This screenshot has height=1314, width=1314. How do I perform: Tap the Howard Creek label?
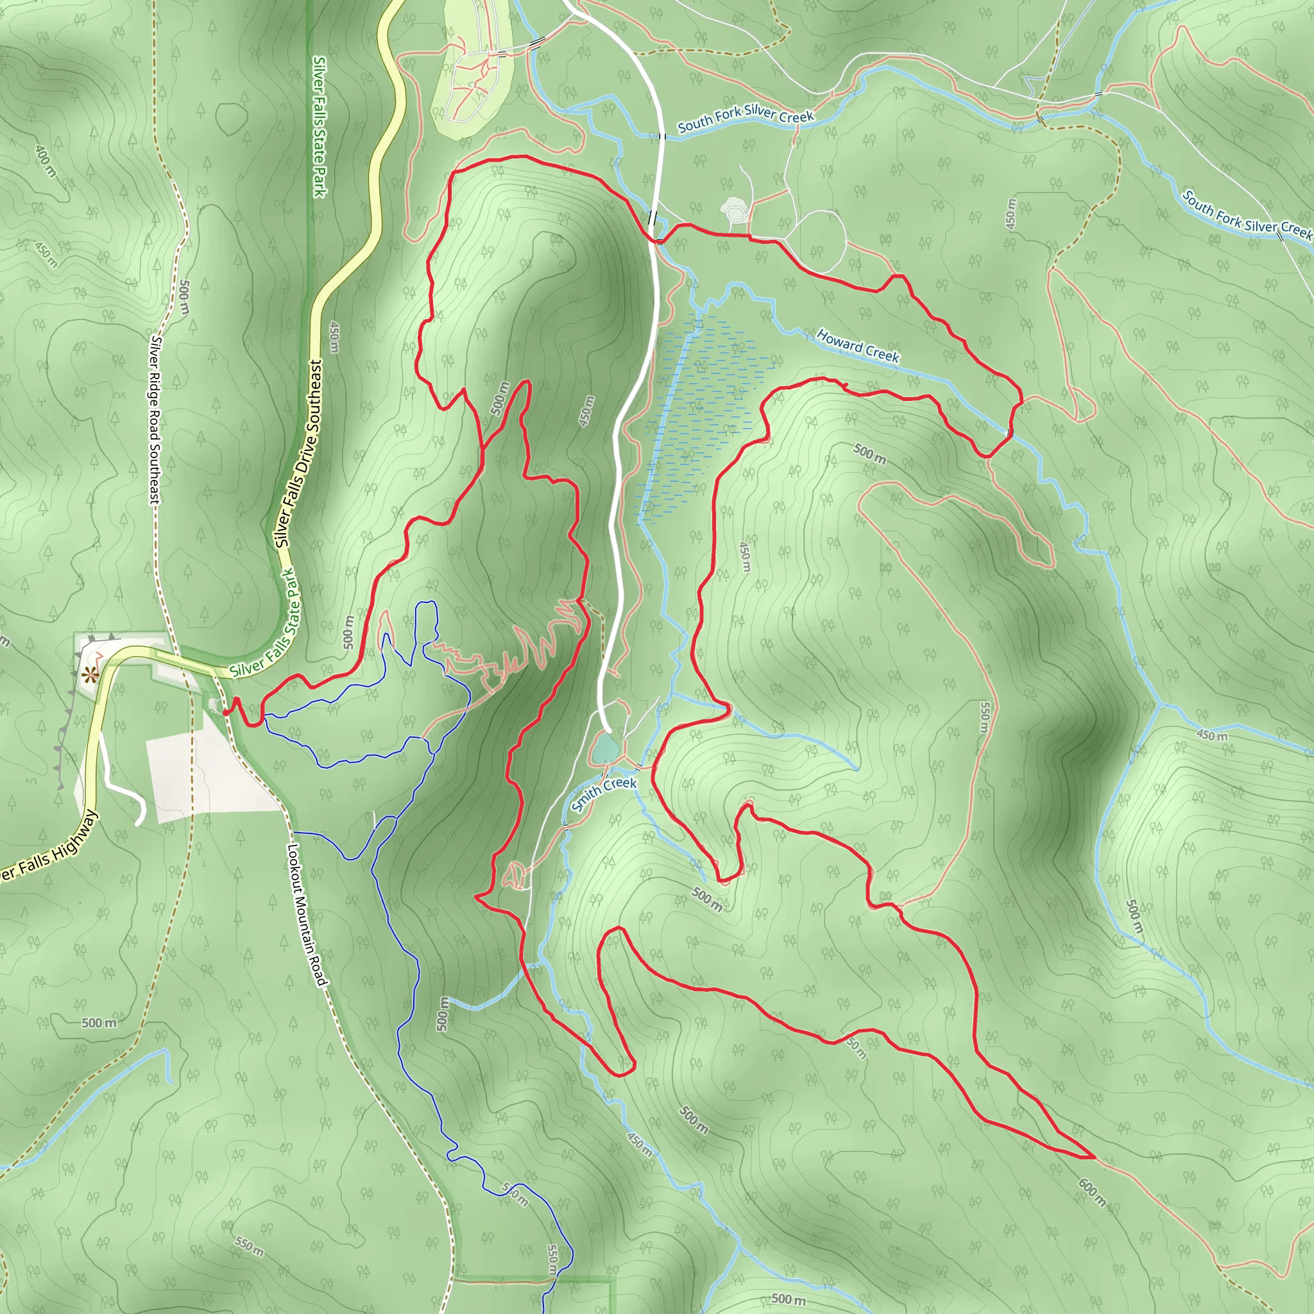(858, 346)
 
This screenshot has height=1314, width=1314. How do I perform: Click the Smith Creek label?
(603, 794)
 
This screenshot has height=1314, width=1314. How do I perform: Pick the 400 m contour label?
(45, 160)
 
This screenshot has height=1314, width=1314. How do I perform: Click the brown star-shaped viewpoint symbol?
(89, 676)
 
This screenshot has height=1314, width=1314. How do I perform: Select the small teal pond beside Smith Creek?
(604, 749)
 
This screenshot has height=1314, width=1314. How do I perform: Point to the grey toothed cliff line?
(65, 735)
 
